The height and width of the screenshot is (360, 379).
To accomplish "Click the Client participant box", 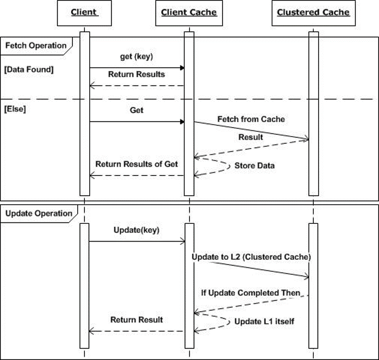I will click(84, 12).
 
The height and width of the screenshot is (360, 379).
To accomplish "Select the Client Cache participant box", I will click(189, 12).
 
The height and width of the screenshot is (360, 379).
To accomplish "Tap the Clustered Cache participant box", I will click(313, 12).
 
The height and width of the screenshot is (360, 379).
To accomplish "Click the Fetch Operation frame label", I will click(36, 46).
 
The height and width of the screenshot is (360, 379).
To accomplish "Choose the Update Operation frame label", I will click(37, 214).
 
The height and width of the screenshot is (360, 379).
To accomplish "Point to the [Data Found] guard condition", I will click(29, 70).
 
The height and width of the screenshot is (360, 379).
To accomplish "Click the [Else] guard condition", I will click(15, 109).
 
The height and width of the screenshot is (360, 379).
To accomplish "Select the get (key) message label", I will click(136, 57).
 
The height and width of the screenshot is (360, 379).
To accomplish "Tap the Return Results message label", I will click(136, 74).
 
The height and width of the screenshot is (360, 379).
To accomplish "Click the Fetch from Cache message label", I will click(251, 119).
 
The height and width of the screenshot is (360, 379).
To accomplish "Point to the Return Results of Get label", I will click(136, 164).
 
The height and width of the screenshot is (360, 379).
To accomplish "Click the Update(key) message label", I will click(136, 230).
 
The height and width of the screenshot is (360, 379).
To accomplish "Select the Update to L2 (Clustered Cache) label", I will click(251, 257).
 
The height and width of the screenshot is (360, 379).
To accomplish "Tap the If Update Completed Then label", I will click(250, 292).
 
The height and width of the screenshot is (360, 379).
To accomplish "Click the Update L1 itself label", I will click(264, 322).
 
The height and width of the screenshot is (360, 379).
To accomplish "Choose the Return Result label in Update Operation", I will click(137, 320).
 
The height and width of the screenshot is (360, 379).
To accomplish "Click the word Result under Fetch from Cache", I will click(250, 137).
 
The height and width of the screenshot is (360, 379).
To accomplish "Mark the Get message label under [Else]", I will click(136, 110).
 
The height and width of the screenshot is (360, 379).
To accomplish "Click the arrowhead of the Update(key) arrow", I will click(182, 241).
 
